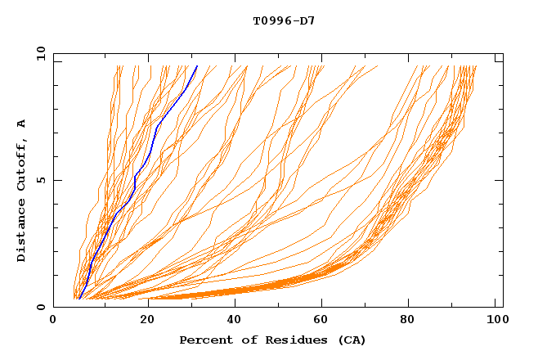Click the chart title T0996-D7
coord(284,20)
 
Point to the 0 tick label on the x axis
coord(53,321)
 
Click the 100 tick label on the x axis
coord(495,321)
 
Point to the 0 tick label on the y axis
coord(40,307)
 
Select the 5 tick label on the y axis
coord(40,180)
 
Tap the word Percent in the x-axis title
coord(202,340)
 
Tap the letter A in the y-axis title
coord(22,123)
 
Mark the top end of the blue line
coord(197,66)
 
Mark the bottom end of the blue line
coord(78,298)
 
